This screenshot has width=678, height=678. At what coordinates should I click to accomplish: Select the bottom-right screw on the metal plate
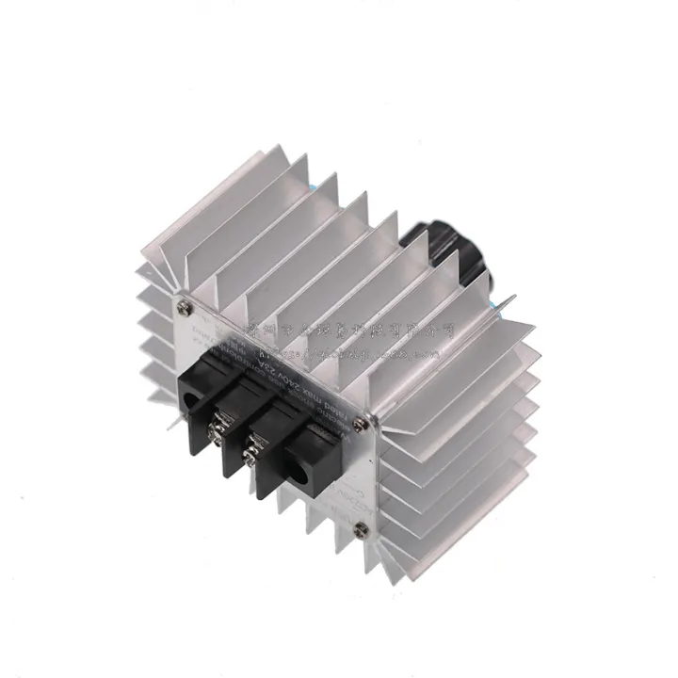click(x=356, y=532)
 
